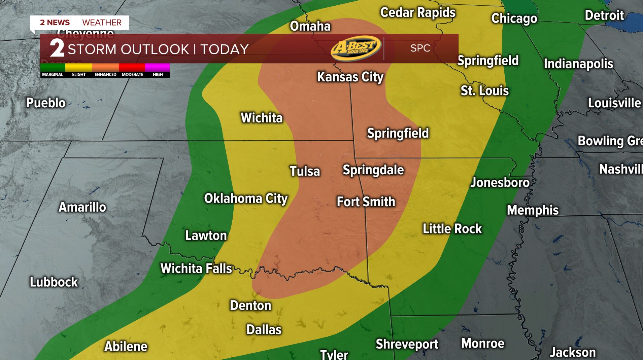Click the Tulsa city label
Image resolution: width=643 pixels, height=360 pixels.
[x=305, y=171]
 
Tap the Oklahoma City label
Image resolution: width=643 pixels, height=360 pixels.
[x=246, y=199]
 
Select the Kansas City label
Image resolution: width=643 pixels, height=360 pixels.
[x=350, y=77]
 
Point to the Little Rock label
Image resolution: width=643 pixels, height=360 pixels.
[x=452, y=229]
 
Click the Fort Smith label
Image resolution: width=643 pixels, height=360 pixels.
[x=366, y=202]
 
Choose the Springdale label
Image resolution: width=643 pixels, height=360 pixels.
[x=373, y=170]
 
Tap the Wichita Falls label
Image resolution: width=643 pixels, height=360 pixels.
[x=196, y=268]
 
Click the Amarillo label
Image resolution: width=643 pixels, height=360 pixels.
[x=82, y=207]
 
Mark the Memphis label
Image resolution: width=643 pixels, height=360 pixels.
[x=533, y=210]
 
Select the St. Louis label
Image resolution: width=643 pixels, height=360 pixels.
[x=484, y=91]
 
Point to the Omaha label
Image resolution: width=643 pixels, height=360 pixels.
[x=310, y=26]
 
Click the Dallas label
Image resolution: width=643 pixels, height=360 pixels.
[x=264, y=330]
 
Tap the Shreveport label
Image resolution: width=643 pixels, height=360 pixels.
[x=407, y=344]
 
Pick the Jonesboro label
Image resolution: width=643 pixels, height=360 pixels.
[x=500, y=183]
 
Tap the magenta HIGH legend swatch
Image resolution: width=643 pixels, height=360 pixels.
[x=157, y=67]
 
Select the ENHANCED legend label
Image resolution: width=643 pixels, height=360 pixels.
[x=105, y=75]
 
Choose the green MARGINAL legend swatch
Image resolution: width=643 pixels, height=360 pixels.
[x=53, y=67]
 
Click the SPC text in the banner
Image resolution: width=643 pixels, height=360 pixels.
[x=420, y=48]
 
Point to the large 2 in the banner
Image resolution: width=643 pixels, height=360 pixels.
[x=57, y=48]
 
